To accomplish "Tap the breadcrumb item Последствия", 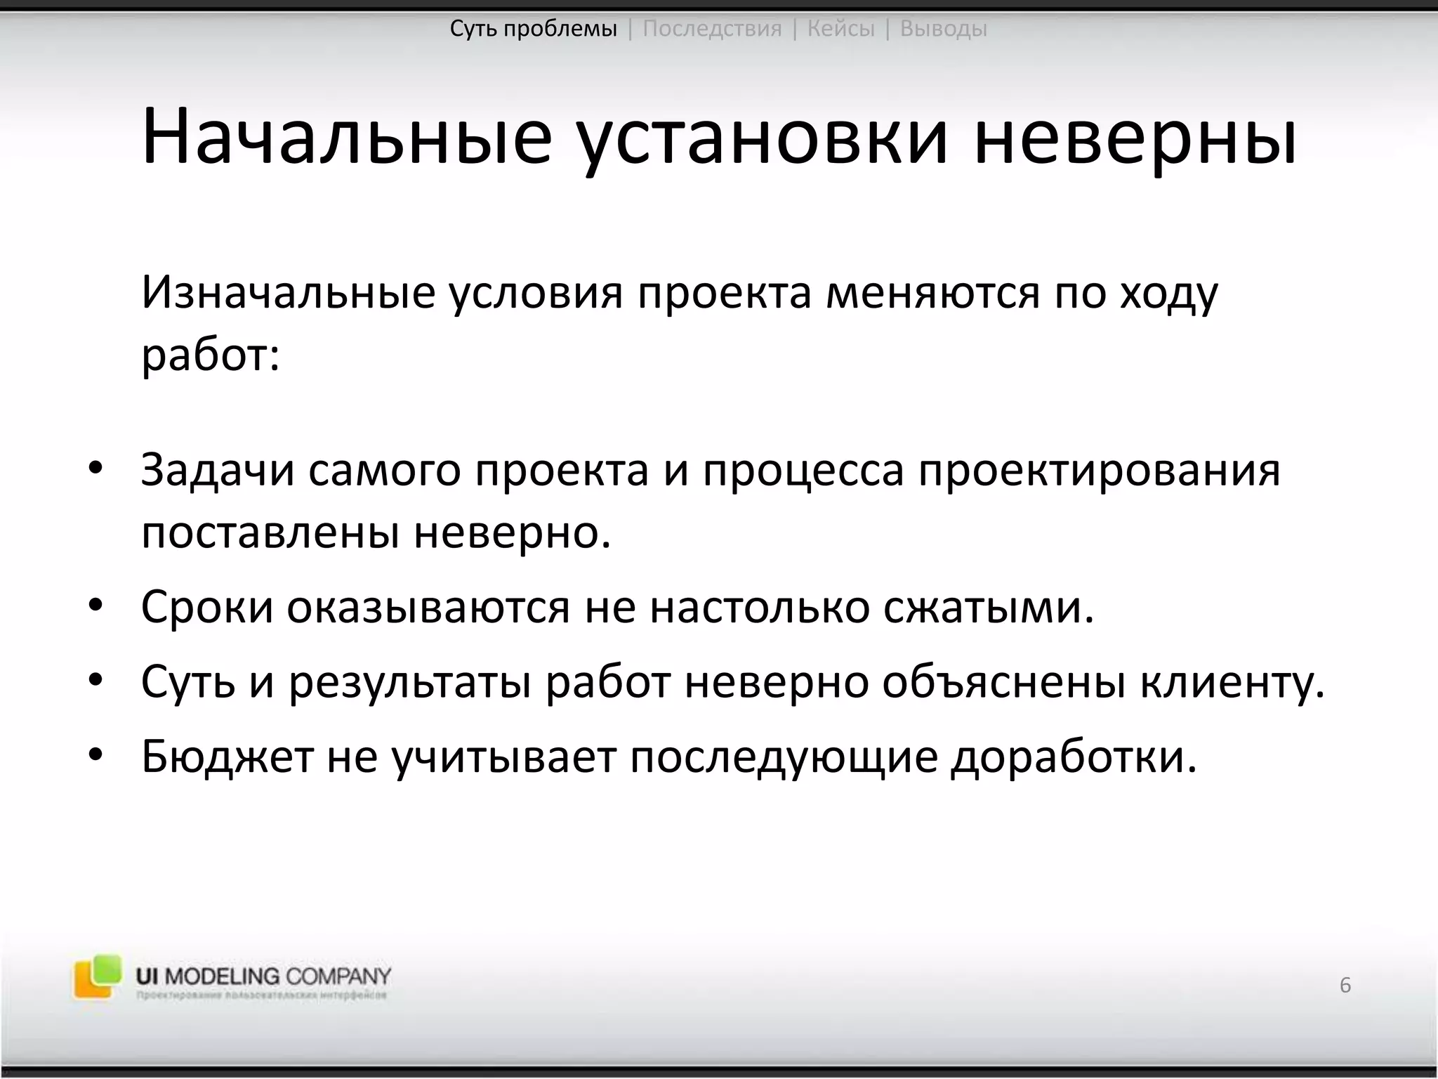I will [712, 29].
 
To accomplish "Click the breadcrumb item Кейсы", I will [841, 29].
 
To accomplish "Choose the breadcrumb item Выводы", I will [943, 29].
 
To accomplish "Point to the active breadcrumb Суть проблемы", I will [534, 29].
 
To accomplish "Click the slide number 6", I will [1345, 985].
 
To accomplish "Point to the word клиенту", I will [1232, 681].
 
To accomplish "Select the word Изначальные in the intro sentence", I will [289, 292].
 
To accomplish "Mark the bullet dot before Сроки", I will [96, 606].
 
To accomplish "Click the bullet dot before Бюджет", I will [96, 756].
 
